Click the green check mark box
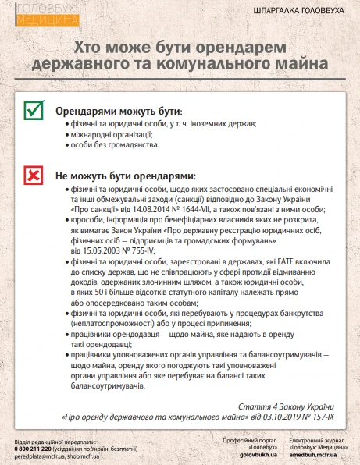[x=34, y=112]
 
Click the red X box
[x=34, y=176]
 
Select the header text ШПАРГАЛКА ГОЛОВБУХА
[x=305, y=13]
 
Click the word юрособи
[x=84, y=221]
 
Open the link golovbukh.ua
[x=243, y=453]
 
